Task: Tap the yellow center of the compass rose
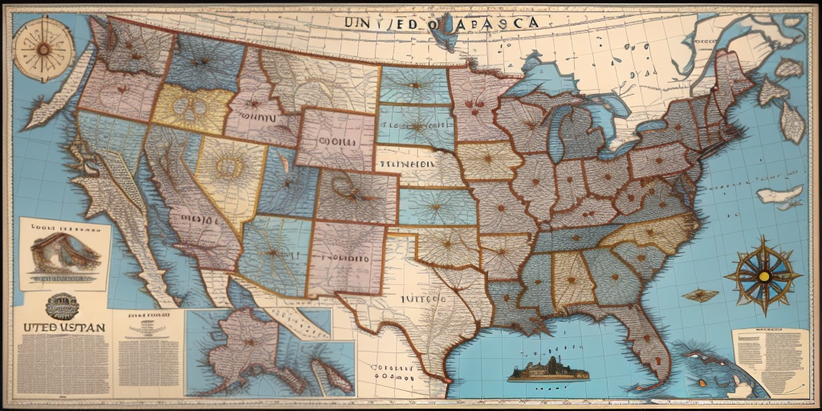(x=763, y=276)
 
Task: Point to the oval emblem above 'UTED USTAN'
(x=59, y=304)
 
